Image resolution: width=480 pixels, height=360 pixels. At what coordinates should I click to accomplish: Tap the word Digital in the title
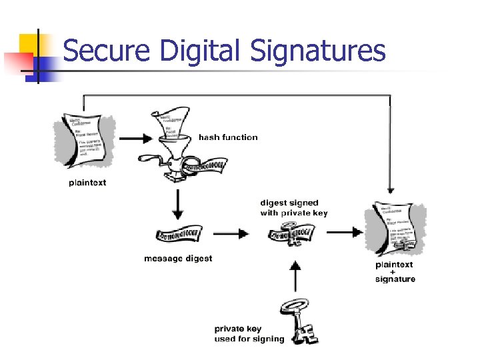[x=194, y=51]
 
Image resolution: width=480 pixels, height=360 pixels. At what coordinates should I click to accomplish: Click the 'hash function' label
[x=228, y=137]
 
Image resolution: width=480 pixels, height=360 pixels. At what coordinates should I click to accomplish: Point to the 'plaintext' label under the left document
[x=87, y=183]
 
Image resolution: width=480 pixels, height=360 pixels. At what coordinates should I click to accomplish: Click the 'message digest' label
[x=178, y=258]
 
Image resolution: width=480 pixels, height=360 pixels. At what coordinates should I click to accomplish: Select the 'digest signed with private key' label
[x=294, y=208]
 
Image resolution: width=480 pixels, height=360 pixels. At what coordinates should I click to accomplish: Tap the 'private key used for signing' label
[x=249, y=334]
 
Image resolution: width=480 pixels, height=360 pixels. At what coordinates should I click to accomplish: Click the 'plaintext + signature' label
[x=395, y=272]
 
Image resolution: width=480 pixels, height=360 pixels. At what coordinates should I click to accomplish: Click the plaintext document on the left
[x=86, y=141]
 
